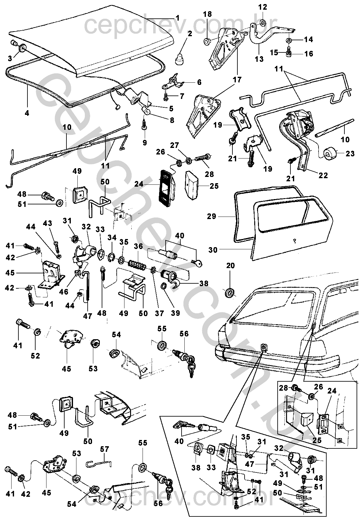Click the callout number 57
tap(105, 449)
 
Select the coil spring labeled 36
tap(137, 265)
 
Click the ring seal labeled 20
tap(230, 292)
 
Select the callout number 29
tap(211, 216)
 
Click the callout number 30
tap(213, 250)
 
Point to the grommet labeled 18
tap(207, 42)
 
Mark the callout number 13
tap(259, 59)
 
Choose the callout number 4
tap(27, 113)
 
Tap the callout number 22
tap(323, 175)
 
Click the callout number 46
tap(64, 291)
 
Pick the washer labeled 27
tap(189, 161)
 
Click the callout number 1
tap(177, 18)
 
